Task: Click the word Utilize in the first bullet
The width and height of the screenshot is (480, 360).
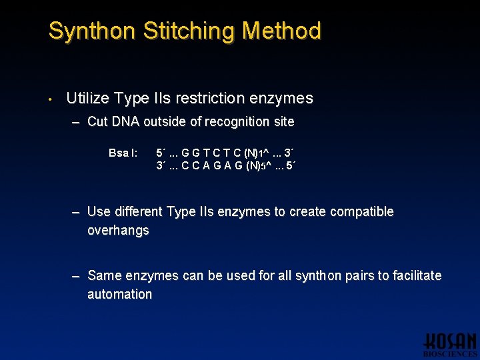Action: pos(88,99)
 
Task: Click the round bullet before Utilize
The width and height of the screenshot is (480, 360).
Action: pos(50,99)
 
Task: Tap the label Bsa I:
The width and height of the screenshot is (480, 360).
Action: pos(123,153)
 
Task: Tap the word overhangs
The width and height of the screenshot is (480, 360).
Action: pos(118,231)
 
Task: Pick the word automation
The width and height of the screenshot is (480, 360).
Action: pos(120,294)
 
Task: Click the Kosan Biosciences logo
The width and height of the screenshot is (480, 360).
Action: pos(450,344)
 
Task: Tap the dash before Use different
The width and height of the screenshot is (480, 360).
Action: pos(76,213)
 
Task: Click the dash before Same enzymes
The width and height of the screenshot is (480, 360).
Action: pos(76,276)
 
